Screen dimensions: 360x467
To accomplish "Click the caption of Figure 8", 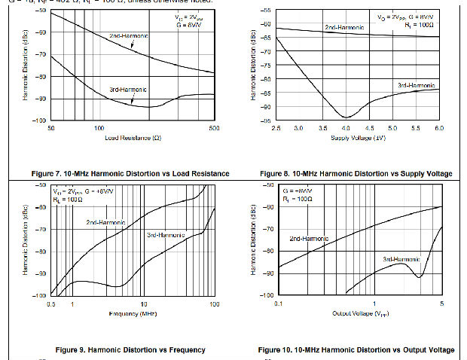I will coord(356,174).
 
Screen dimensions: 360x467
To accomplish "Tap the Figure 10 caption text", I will coord(356,349).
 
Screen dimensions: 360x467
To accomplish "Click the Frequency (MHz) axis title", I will coord(133,313).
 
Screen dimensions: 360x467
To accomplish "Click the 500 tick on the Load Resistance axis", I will coord(214,129).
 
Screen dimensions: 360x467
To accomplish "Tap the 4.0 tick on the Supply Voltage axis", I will coord(346,129).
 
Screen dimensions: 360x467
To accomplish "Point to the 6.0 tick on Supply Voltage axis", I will coord(441,129).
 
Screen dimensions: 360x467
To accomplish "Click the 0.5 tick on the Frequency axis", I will coord(51,304).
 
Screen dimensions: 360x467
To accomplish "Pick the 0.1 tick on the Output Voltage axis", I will coord(279,304).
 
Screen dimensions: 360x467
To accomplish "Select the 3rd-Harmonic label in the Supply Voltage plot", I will coord(416,87).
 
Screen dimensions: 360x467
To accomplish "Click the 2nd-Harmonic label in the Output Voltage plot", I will coord(309,239).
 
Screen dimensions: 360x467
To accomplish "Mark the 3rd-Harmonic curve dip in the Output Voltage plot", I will coord(419,277).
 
